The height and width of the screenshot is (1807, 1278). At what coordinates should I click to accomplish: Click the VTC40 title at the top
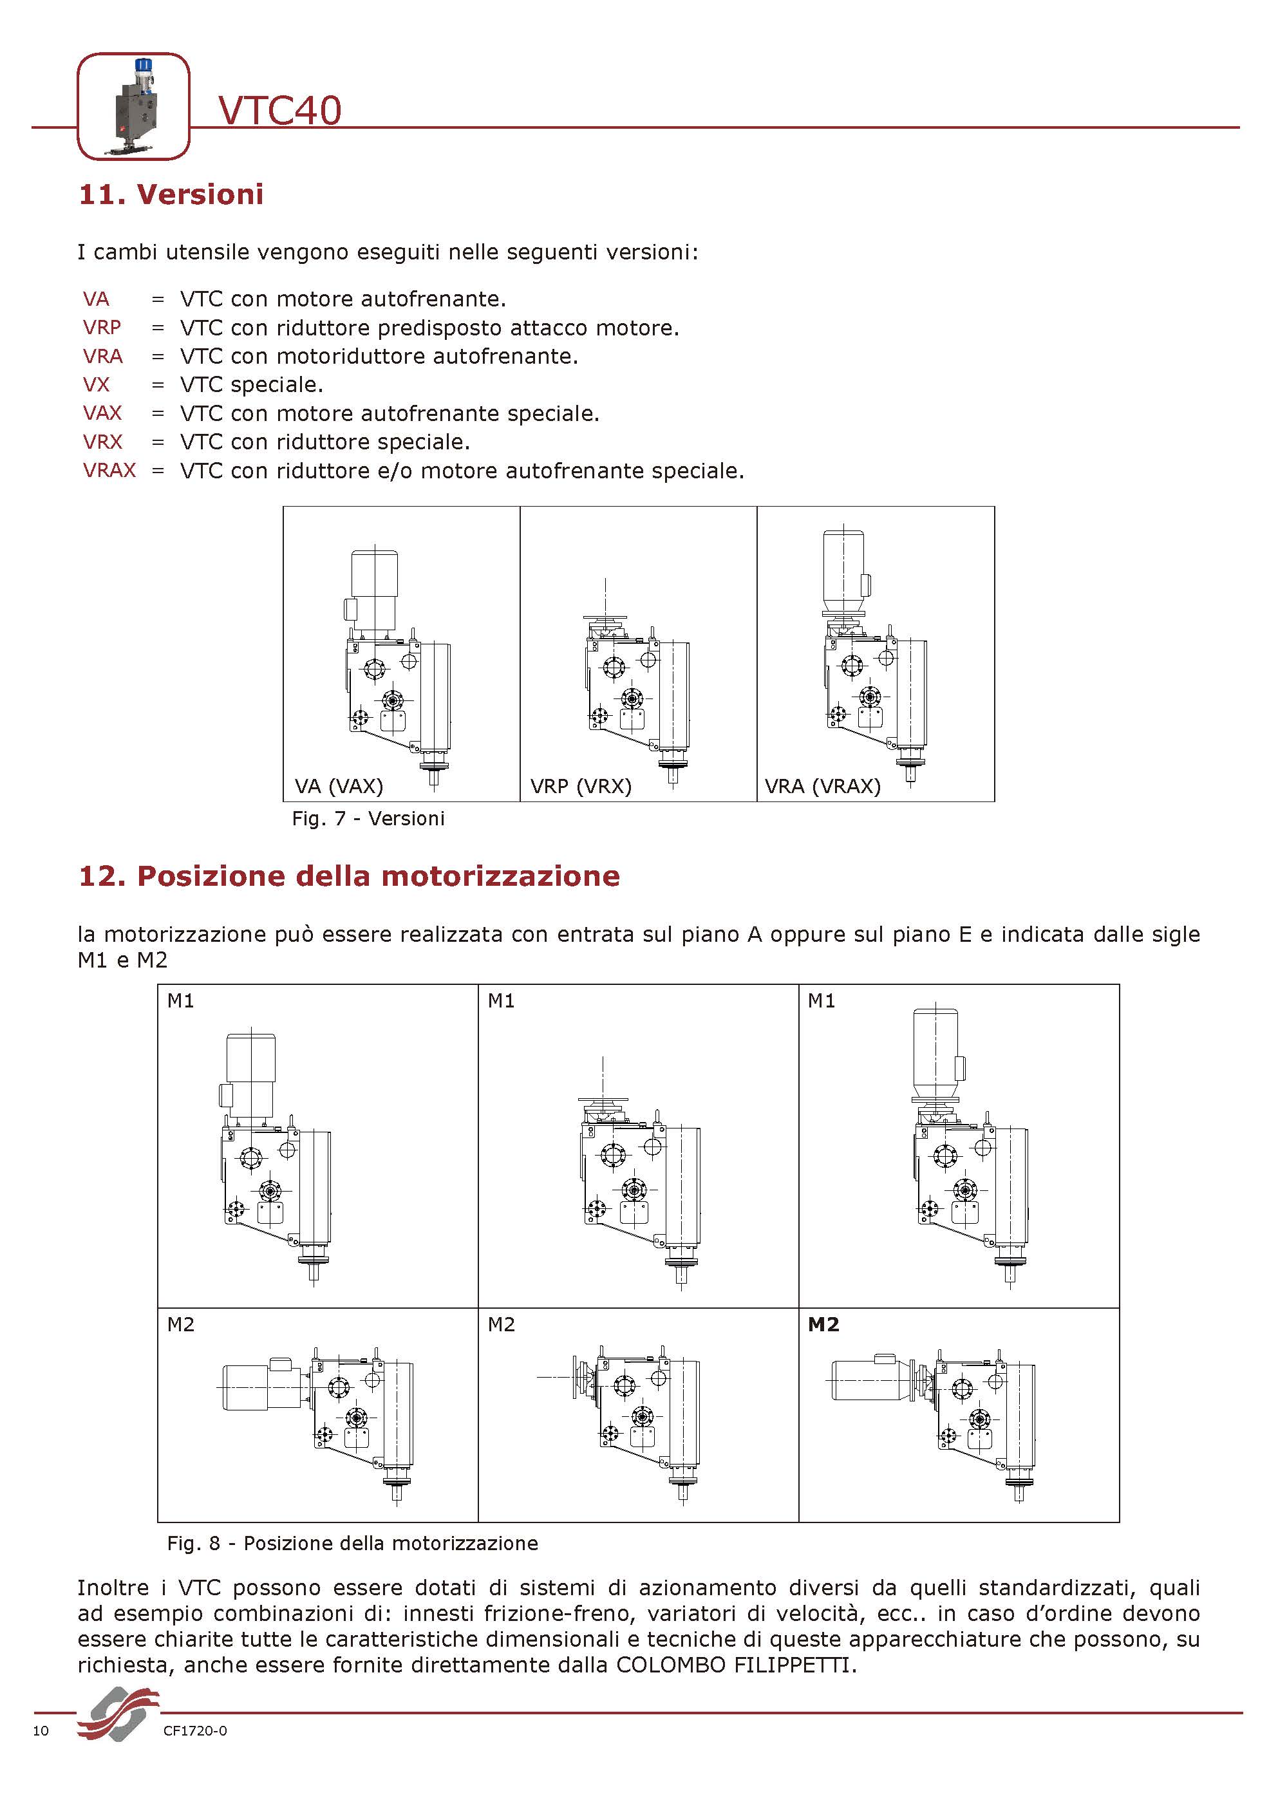coord(279,110)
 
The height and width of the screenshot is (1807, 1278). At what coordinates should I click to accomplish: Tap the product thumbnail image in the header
coord(133,106)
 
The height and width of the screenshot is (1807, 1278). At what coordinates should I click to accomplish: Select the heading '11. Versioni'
coord(171,194)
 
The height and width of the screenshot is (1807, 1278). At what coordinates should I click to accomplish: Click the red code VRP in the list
coord(102,328)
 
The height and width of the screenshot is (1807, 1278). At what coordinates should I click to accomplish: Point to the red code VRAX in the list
coord(109,470)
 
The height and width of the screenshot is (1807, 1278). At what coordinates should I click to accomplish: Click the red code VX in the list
coord(96,385)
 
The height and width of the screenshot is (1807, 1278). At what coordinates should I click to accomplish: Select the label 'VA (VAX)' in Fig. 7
coord(339,785)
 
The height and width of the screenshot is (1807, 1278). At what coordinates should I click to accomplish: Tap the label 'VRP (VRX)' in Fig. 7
coord(581,785)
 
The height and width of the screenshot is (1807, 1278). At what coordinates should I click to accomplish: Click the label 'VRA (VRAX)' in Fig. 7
coord(822,785)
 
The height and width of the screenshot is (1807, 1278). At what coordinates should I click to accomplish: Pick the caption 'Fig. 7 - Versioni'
coord(368,818)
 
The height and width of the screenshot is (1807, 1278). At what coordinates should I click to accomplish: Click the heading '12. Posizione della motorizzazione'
coord(348,876)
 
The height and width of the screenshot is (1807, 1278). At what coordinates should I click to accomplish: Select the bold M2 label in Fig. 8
coord(823,1325)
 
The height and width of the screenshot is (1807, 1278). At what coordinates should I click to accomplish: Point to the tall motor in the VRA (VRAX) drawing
coord(843,570)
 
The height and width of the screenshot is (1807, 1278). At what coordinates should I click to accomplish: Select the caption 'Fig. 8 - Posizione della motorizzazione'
coord(352,1542)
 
